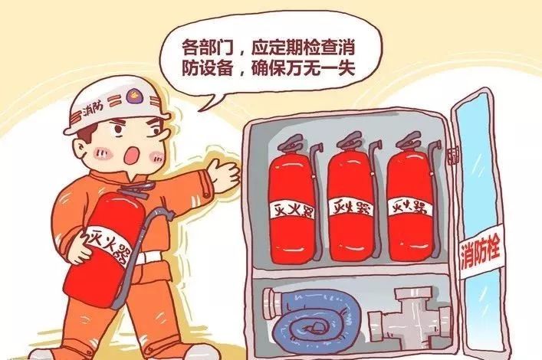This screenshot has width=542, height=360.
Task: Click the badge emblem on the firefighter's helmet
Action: click(133, 96)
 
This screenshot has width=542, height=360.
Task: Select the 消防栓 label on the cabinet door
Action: click(481, 251)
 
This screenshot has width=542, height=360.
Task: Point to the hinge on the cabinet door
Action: click(453, 155)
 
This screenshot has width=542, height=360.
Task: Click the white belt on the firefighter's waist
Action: click(149, 257)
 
